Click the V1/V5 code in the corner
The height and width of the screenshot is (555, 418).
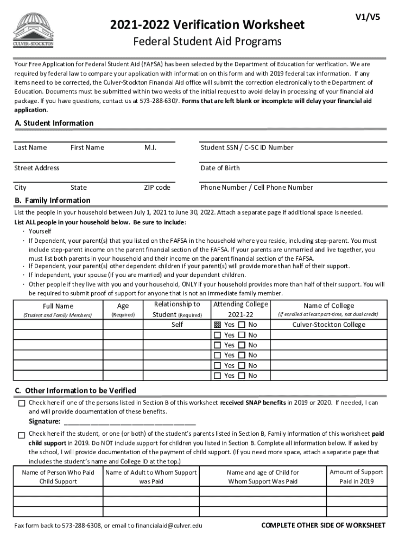click(368, 17)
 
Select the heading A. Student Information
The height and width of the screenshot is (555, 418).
click(54, 123)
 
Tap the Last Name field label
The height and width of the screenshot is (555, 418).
click(30, 147)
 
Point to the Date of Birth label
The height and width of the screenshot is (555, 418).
click(220, 168)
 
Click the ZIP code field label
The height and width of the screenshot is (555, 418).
click(157, 188)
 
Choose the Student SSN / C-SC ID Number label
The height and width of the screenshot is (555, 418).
click(247, 147)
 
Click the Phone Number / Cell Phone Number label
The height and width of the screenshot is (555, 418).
click(257, 188)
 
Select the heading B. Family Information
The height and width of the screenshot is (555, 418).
click(53, 201)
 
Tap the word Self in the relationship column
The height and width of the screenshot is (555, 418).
click(177, 325)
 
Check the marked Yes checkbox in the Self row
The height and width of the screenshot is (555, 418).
click(217, 325)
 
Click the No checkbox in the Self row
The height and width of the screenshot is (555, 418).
click(242, 325)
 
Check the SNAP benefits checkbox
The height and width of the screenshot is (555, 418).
click(22, 403)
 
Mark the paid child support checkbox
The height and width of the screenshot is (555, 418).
click(22, 435)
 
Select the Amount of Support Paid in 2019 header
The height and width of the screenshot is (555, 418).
click(356, 476)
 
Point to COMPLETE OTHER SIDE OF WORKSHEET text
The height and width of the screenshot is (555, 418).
click(323, 525)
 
